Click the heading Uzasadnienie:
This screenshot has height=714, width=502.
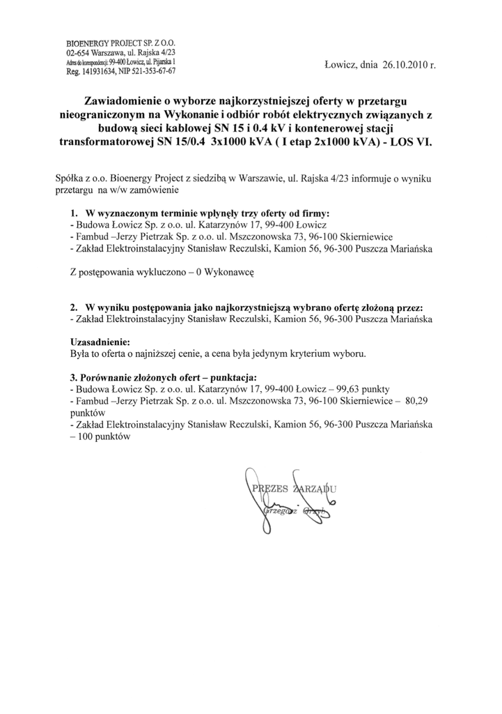100,343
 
